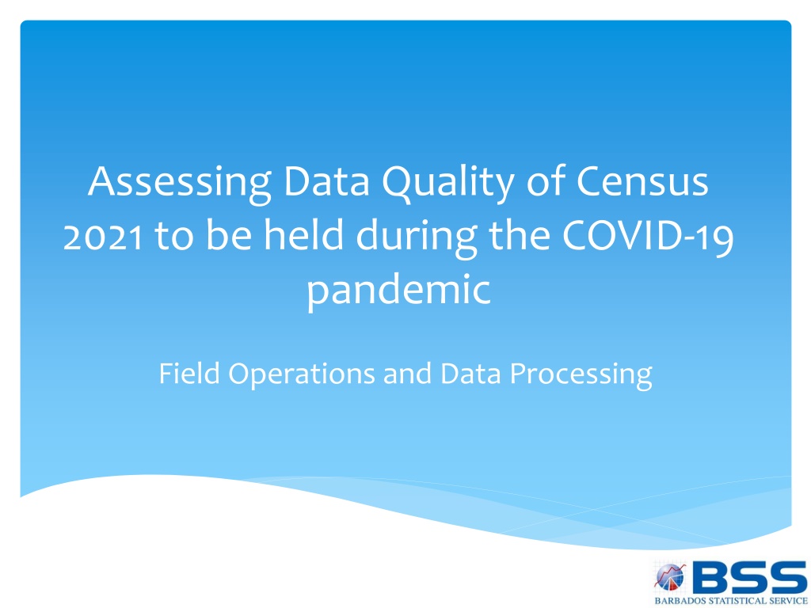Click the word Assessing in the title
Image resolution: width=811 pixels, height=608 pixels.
pyautogui.click(x=180, y=184)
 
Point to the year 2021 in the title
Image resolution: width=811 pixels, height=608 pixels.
pyautogui.click(x=103, y=236)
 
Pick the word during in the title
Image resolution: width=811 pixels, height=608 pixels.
pyautogui.click(x=417, y=238)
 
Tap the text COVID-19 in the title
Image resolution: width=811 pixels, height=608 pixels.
pyautogui.click(x=648, y=235)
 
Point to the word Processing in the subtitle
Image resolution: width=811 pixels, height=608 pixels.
pyautogui.click(x=581, y=375)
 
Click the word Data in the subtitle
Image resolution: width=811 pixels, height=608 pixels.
pyautogui.click(x=470, y=374)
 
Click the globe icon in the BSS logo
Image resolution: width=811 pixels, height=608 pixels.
pyautogui.click(x=670, y=577)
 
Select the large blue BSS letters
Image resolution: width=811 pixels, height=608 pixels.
pyautogui.click(x=748, y=577)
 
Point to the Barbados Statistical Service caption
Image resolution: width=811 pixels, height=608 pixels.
pyautogui.click(x=730, y=601)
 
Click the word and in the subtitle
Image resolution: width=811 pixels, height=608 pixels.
pyautogui.click(x=407, y=374)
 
